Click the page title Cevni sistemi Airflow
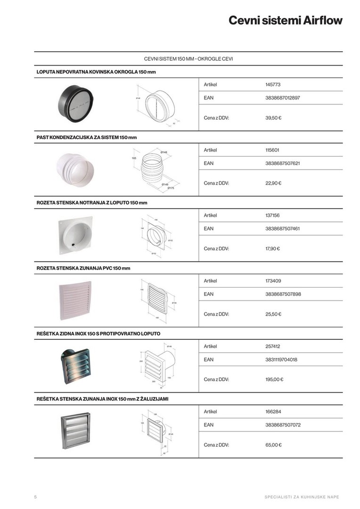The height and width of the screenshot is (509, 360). (x=285, y=21)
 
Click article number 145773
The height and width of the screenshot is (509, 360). (x=273, y=84)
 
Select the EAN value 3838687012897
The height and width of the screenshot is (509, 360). (x=282, y=98)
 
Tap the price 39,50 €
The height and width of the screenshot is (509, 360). (x=273, y=118)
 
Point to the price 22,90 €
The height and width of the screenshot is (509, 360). (x=273, y=183)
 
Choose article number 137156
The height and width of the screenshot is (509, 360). (x=272, y=215)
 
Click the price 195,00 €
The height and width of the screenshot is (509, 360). (x=274, y=379)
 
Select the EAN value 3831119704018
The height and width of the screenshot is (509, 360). (x=281, y=360)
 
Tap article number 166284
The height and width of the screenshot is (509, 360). (x=273, y=411)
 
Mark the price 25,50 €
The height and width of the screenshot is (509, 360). (x=273, y=314)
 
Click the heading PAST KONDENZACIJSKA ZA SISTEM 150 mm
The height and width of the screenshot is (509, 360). (x=87, y=137)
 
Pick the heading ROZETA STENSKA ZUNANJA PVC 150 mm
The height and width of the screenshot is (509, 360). (x=83, y=268)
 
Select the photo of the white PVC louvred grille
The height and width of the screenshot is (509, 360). (x=75, y=301)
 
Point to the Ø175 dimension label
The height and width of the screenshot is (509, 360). (x=171, y=188)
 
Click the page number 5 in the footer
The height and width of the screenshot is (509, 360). (x=35, y=497)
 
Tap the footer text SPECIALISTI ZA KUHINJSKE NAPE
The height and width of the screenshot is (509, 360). (x=302, y=497)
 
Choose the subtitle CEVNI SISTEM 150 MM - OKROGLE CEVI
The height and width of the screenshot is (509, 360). (x=188, y=59)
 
